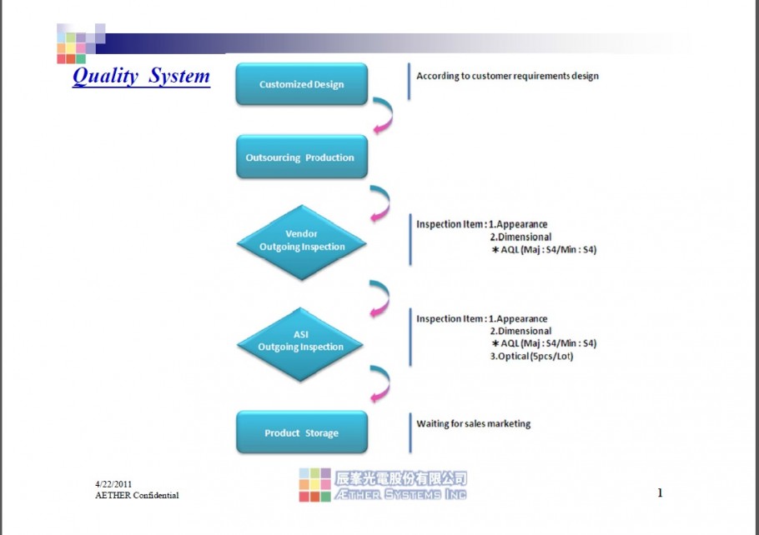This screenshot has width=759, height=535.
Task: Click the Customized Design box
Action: click(302, 83)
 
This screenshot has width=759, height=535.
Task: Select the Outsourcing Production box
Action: click(302, 157)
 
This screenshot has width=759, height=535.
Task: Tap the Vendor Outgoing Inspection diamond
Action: click(302, 242)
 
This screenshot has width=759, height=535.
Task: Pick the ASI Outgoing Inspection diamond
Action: click(300, 344)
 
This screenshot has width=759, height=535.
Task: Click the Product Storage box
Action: click(302, 432)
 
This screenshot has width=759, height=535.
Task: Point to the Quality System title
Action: click(141, 76)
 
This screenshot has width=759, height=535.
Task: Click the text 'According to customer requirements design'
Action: click(507, 76)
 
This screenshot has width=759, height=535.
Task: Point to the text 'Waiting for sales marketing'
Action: click(474, 423)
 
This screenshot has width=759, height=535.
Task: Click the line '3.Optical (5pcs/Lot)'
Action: click(531, 356)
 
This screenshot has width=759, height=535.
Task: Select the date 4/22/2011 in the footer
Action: click(113, 484)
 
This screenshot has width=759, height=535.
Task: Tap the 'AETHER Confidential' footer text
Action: click(137, 495)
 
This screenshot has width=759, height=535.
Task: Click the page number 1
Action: click(660, 492)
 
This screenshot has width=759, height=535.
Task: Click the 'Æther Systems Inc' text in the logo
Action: click(400, 494)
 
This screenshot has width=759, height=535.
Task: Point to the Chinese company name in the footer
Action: click(400, 478)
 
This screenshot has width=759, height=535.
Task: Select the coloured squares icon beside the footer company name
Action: click(314, 485)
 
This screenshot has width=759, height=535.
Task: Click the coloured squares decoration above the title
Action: click(81, 43)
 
